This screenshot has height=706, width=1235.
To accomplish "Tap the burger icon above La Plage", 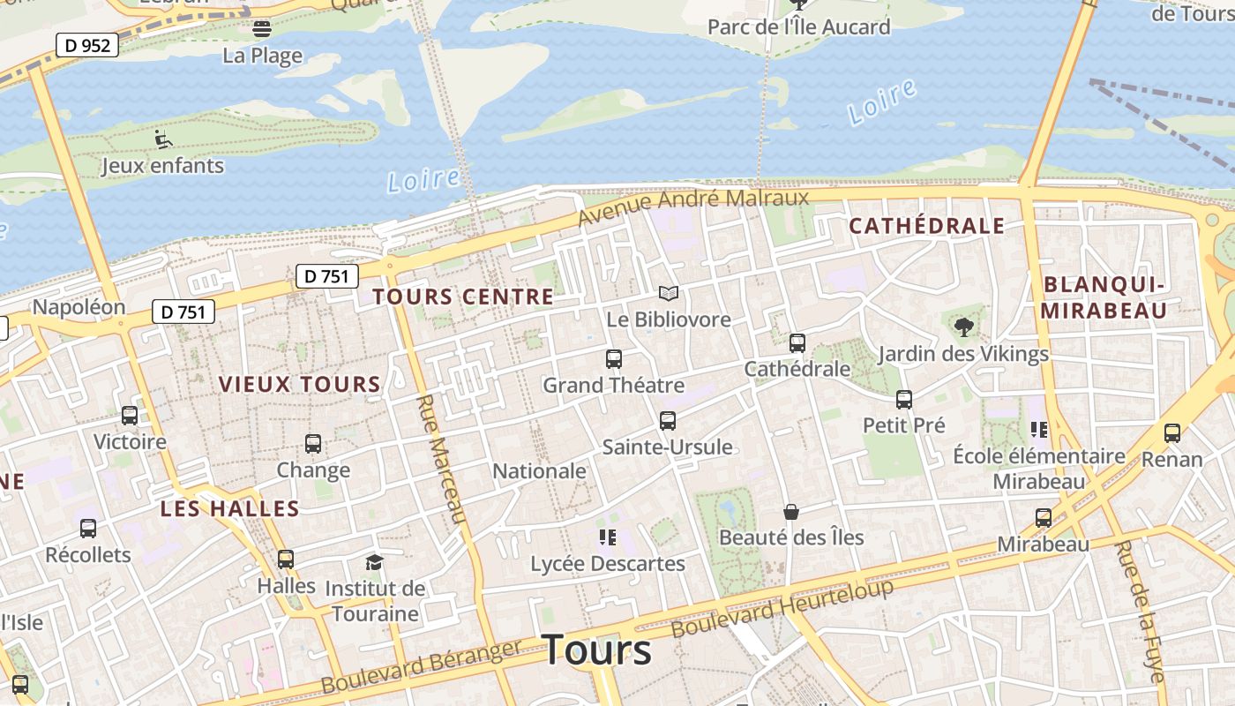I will point(262,28).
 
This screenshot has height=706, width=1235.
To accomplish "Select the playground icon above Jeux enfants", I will point(163,139).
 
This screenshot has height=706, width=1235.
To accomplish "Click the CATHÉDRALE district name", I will point(926,226).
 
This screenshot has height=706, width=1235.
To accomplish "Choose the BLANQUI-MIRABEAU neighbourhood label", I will point(1104,297).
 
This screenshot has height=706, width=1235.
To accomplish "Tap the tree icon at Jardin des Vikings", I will point(963,328).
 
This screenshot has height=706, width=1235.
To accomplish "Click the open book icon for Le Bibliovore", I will point(669,293).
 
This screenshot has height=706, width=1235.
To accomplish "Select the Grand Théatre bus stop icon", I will point(614,359).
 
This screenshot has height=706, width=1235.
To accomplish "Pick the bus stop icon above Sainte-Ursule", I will point(668,421).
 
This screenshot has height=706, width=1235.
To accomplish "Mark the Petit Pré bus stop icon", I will point(904,400).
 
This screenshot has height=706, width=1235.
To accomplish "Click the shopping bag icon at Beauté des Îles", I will point(791,512).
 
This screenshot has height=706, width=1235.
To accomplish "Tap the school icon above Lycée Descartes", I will point(607,537).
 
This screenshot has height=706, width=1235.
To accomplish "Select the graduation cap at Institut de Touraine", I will point(375,562).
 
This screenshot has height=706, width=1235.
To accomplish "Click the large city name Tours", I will point(596,650).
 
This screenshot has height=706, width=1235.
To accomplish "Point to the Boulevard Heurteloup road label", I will point(782,609).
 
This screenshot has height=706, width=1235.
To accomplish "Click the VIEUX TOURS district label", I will point(299,385).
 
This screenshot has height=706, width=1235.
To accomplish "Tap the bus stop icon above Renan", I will point(1171,433).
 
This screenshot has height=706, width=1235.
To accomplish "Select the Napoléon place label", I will point(79,307).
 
